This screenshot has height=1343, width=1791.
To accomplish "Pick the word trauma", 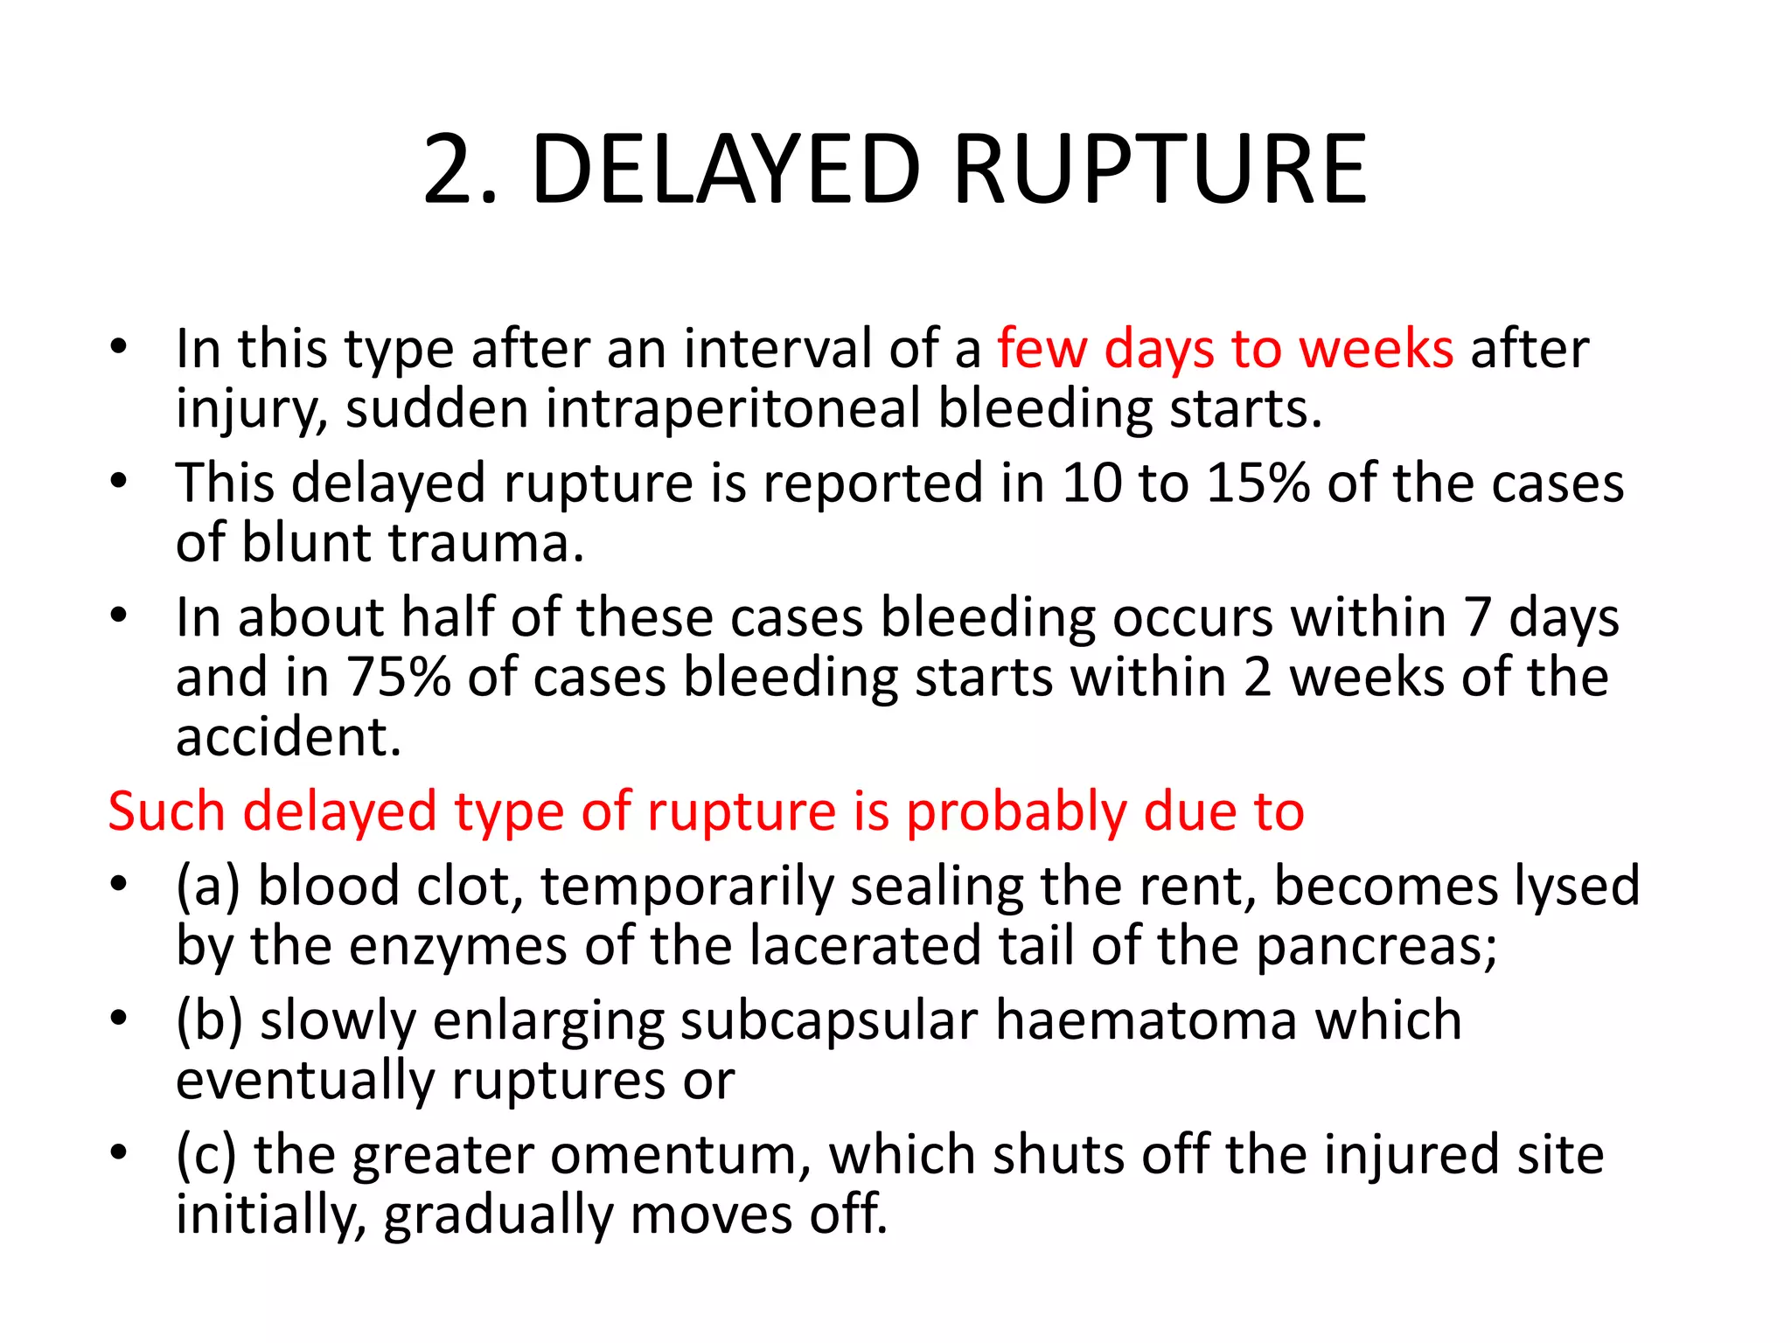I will pos(486,543).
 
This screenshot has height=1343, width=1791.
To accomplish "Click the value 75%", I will pos(398,678).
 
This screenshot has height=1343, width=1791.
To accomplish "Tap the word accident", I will pos(288,737).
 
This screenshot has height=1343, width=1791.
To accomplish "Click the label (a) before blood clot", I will pos(208,886).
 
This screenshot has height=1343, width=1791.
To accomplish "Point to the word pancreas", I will pos(1376,946).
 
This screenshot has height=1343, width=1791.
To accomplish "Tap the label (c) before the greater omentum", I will pos(206,1155).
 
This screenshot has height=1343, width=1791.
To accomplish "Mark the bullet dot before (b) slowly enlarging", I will pos(119,1019).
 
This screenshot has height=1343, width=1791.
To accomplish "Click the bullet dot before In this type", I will pos(119,347).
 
